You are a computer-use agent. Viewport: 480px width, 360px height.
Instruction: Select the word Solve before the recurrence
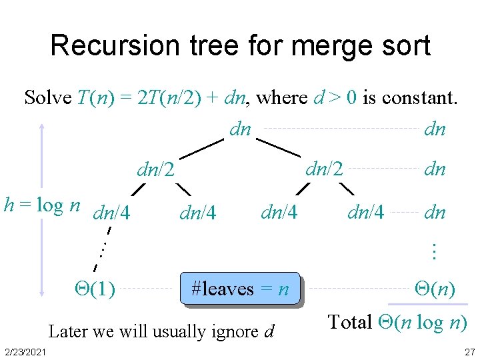48,98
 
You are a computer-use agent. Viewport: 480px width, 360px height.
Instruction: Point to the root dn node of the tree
240,129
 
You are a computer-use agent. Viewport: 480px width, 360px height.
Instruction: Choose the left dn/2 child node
155,170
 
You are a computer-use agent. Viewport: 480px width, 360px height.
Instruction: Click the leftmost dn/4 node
112,214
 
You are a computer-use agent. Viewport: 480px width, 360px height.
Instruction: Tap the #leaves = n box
240,289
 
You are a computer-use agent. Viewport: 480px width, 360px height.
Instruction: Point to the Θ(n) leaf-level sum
435,289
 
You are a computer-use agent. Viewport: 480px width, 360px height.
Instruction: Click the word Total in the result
350,323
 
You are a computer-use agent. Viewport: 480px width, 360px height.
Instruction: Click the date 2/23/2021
24,352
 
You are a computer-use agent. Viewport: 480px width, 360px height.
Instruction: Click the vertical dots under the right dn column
434,251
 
